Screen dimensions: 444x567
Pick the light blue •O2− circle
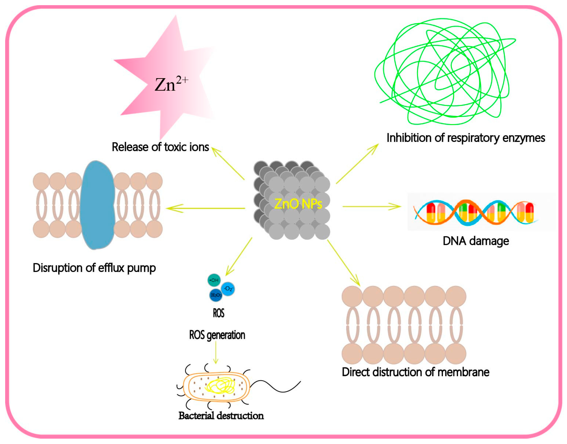coord(228,289)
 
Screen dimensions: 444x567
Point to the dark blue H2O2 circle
coord(216,295)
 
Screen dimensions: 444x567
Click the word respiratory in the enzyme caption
coord(474,138)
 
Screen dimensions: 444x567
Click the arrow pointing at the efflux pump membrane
coord(205,208)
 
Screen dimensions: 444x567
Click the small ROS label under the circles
coord(218,313)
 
